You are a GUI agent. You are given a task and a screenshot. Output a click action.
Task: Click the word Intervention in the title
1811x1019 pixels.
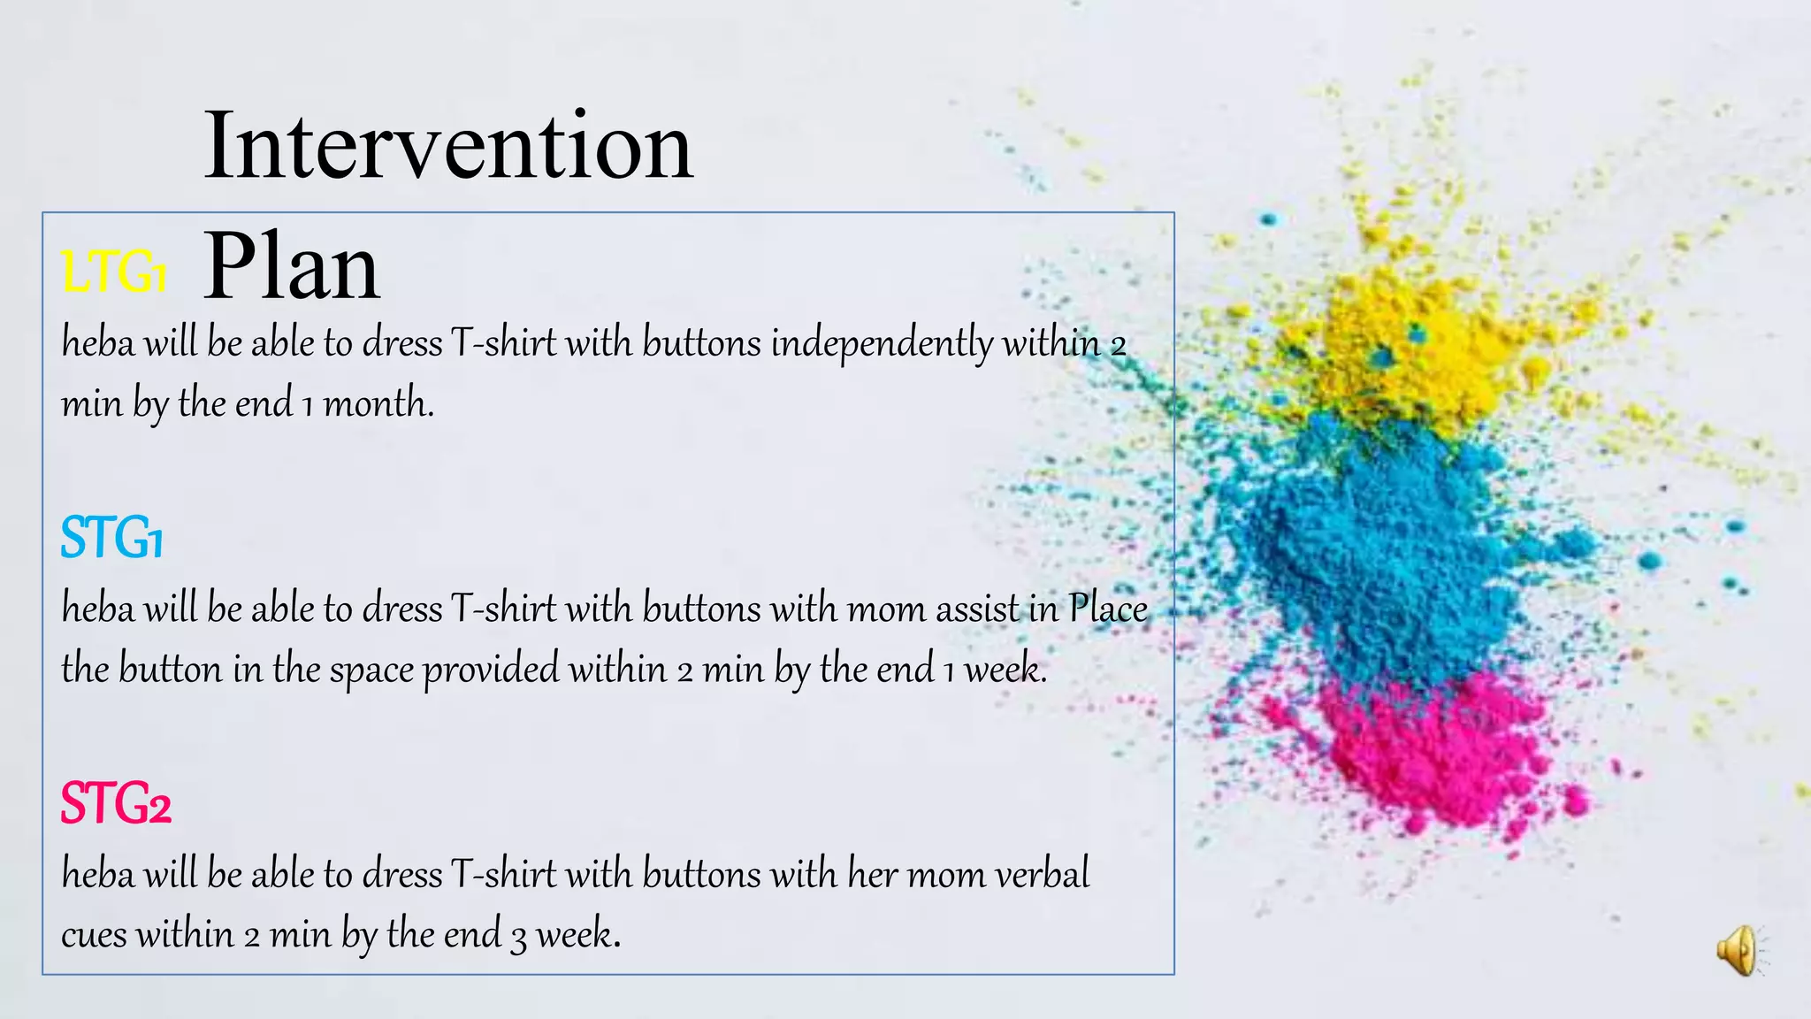(x=448, y=146)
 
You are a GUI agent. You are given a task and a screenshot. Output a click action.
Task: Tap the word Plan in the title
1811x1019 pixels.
(x=292, y=266)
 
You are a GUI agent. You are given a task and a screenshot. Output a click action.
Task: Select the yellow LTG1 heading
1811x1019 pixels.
(x=114, y=271)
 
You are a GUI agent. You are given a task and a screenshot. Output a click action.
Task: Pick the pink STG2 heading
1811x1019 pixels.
(x=115, y=804)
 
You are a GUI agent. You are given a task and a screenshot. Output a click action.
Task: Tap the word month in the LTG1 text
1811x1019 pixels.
(x=378, y=404)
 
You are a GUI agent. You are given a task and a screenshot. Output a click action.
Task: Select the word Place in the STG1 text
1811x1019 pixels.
(x=1108, y=609)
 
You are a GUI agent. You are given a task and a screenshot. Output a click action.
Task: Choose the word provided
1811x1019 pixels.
(x=491, y=670)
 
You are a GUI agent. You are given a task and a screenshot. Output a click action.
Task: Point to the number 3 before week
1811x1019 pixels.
(x=519, y=937)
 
